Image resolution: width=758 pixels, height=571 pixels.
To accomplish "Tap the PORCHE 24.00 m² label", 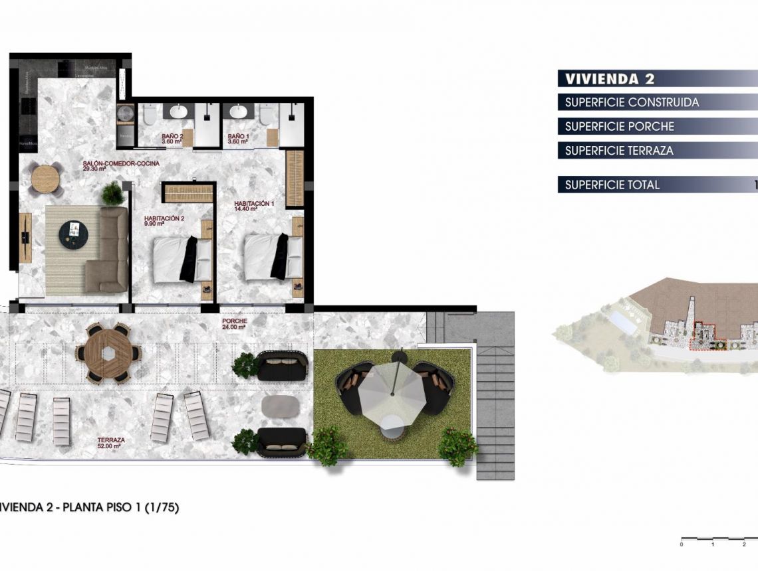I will tap(235, 323).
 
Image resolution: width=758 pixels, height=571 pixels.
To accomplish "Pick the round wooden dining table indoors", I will tap(46, 178).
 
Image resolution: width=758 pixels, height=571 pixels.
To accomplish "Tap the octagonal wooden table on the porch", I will tap(108, 353).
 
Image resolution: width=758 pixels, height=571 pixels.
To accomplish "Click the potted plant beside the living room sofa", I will tap(112, 193).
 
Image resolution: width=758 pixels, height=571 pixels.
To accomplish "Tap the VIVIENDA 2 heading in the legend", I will tap(610, 79).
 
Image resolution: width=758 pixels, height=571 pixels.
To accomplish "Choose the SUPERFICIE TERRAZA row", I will tap(619, 151).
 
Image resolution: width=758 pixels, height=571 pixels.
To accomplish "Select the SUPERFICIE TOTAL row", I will tap(612, 185).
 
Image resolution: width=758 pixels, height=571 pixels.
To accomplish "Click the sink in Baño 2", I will tap(178, 112).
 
